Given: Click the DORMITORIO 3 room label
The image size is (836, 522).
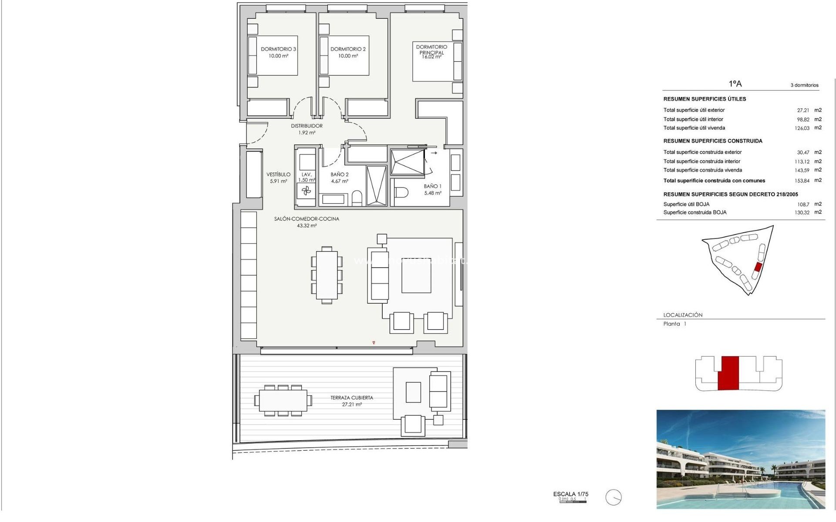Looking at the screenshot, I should (x=278, y=49).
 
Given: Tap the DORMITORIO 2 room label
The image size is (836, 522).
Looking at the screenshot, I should (x=348, y=49).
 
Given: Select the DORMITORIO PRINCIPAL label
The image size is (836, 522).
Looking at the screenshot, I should (x=431, y=50).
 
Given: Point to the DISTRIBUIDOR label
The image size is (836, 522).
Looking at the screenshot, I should (x=307, y=126).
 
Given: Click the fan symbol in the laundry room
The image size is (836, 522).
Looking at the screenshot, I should (x=306, y=191).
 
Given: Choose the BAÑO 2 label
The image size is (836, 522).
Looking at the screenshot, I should (x=339, y=174).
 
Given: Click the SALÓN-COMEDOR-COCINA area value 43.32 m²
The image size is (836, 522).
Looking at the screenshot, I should (x=307, y=226).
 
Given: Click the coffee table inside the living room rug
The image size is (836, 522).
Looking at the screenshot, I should (x=416, y=276).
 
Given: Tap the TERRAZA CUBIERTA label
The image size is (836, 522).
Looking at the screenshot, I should (x=351, y=398).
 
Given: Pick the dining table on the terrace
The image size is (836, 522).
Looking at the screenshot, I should (x=283, y=400).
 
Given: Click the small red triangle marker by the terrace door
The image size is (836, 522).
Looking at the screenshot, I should (x=374, y=343).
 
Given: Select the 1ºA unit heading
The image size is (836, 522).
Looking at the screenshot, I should (x=735, y=84).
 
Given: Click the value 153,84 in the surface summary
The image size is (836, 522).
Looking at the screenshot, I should (x=802, y=181).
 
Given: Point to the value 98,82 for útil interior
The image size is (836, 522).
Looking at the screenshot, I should (x=803, y=120).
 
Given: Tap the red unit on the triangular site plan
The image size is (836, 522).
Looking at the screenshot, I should (x=758, y=267).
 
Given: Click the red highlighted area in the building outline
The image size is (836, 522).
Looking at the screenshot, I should (x=728, y=373).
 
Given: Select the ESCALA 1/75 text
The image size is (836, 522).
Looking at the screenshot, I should (x=570, y=494).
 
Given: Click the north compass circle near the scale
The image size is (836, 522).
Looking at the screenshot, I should (x=614, y=497).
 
